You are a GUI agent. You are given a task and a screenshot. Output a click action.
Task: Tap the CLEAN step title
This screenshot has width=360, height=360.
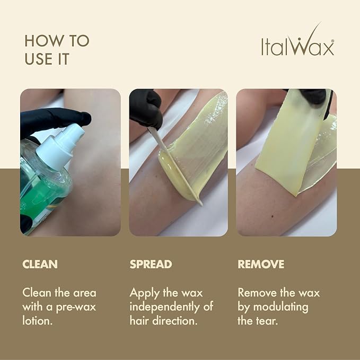pyautogui.click(x=40, y=264)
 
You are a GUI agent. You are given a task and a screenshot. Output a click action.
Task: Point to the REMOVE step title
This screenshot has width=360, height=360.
pyautogui.click(x=261, y=264)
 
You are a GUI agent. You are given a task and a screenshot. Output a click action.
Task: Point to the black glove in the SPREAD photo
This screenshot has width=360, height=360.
pyautogui.click(x=145, y=109)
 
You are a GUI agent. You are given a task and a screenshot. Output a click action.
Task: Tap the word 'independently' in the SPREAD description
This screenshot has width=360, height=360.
pyautogui.click(x=166, y=306)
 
